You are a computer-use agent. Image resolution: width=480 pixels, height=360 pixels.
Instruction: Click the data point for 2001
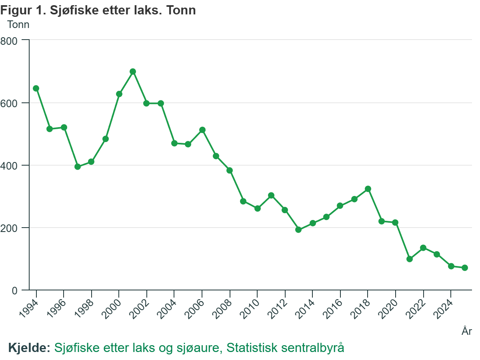point(133,72)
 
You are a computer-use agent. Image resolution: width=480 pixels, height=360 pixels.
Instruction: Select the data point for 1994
point(36,88)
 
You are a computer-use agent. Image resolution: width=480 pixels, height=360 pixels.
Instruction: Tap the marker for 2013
point(298,230)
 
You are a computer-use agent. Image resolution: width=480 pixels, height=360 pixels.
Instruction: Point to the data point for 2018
point(368,189)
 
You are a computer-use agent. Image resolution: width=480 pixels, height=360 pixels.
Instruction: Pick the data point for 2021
point(410,259)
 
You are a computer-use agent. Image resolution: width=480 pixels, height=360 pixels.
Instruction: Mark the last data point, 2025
point(465,268)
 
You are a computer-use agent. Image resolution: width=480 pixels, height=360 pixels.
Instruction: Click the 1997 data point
point(78,167)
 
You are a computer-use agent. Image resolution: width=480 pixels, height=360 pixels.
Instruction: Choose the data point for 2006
point(202,130)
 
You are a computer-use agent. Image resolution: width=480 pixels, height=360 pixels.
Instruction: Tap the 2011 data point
point(271,196)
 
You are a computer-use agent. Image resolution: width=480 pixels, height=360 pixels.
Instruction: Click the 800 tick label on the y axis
point(10,40)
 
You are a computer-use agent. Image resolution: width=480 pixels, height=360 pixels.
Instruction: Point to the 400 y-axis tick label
point(10,165)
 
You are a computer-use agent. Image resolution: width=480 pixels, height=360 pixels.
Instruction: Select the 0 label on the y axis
point(15,290)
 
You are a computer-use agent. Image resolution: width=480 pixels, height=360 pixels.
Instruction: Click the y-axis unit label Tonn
point(18,24)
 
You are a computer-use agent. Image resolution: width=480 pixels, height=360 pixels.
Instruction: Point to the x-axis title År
point(467,331)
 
